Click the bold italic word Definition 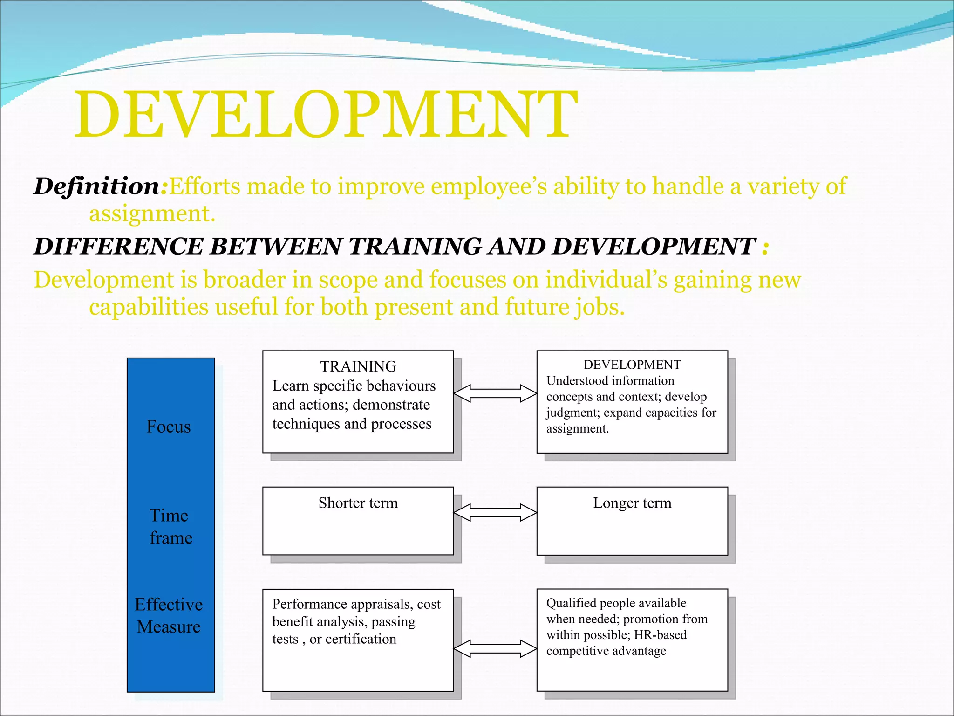(97, 186)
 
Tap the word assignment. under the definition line (152, 214)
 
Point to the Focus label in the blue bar (169, 427)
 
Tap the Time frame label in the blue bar (170, 526)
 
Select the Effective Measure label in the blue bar (169, 615)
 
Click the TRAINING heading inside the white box (358, 366)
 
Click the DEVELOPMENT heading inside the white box (632, 365)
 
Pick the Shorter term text (358, 503)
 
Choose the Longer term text (632, 503)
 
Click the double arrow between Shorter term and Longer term (495, 512)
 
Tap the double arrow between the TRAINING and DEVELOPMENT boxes (495, 393)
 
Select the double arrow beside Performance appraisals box (495, 648)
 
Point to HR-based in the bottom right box (660, 635)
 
